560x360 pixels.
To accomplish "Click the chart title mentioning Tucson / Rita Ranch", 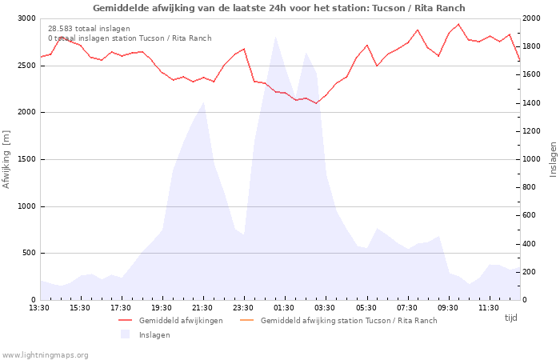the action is coord(279,8).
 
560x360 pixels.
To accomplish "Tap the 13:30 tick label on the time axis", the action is coord(39,308).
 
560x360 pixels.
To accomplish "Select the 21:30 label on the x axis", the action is coord(202,308).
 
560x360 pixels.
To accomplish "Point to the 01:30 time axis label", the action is coord(283,308).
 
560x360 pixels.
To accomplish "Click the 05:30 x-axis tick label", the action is coord(366,308).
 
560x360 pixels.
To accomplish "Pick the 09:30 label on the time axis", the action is coord(448,308).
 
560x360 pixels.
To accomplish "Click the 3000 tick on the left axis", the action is coord(26,18).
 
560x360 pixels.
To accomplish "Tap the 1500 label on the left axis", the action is coord(26,159).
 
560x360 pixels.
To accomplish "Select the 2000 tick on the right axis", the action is coord(531,18).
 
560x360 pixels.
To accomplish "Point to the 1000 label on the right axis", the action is coord(531,159).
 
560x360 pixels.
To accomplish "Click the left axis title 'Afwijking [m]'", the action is coord(6,159).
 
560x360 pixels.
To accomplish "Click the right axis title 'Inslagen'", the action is coord(554,159).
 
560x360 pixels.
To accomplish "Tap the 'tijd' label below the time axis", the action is coord(510,318).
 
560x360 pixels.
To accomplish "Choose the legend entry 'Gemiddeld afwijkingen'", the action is coord(181,320).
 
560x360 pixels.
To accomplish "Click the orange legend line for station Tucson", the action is coord(246,320).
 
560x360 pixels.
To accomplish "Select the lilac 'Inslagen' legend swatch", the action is coord(125,334).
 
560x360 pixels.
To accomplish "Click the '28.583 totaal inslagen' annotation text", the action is coord(89,29).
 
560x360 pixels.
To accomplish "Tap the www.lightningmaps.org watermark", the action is coord(45,355).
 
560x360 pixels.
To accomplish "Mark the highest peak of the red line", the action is coord(458,24).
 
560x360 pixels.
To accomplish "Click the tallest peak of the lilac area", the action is coord(275,37).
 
